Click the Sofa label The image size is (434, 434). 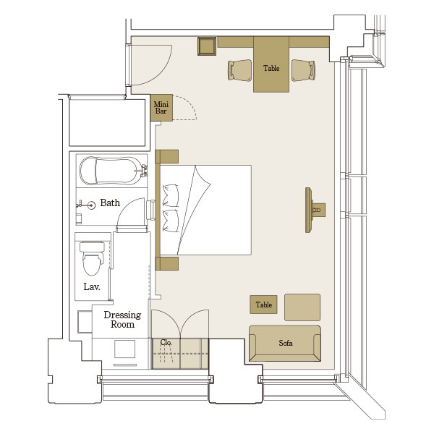tap(286, 343)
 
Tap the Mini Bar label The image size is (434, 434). tap(161, 108)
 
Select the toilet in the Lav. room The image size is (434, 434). tap(92, 258)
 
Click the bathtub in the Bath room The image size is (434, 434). tap(112, 171)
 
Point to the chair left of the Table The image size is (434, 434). tap(240, 70)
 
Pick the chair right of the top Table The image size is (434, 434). tap(303, 70)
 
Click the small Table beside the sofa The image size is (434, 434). tap(263, 305)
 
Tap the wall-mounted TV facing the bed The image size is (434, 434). tap(309, 210)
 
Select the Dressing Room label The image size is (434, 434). tap(122, 320)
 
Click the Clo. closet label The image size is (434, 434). tap(166, 342)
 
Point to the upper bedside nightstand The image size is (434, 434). tap(167, 157)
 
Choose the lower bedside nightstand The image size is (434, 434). tap(167, 263)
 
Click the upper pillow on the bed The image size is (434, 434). tap(171, 195)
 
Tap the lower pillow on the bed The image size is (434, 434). tap(171, 221)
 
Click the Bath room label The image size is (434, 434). tap(110, 203)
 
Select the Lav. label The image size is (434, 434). tap(92, 286)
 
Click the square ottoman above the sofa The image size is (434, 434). tap(302, 307)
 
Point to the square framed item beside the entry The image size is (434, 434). tap(207, 46)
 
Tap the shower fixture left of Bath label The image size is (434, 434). tap(86, 205)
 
